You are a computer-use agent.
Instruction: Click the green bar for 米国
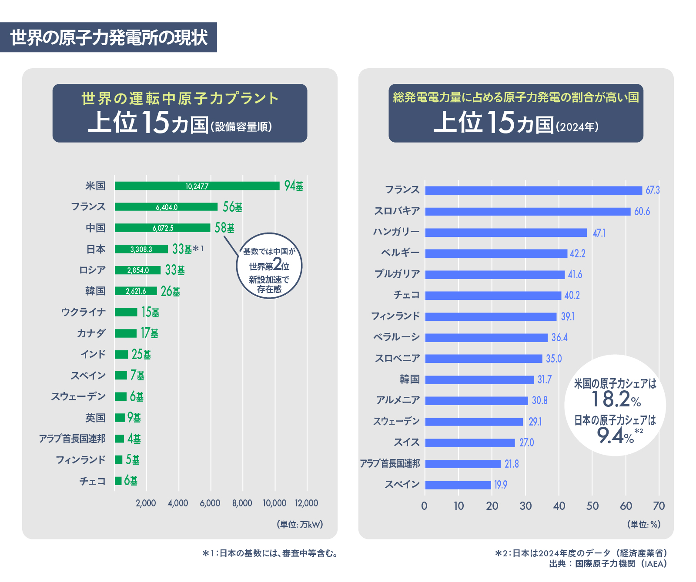point(197,186)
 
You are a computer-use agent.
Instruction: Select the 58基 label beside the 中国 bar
point(224,228)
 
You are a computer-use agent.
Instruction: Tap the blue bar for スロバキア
point(528,212)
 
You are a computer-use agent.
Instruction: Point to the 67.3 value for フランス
point(652,190)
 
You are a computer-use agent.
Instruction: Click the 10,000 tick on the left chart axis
point(274,503)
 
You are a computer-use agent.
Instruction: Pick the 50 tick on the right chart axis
point(592,506)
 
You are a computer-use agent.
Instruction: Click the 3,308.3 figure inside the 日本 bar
point(141,249)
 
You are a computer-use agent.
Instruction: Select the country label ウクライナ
point(84,312)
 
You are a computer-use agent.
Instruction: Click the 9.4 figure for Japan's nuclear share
point(610,435)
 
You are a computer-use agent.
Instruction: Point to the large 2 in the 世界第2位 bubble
point(277,264)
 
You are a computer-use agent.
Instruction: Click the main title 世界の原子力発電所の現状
point(109,38)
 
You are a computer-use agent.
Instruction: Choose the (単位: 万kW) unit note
point(300,525)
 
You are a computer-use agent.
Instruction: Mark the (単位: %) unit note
point(644,525)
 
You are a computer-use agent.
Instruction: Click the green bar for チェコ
point(118,481)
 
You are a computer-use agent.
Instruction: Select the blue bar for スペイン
point(458,485)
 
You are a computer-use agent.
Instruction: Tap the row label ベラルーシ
point(396,337)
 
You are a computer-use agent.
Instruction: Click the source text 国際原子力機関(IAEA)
point(621,564)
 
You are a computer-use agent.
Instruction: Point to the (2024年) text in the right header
point(577,127)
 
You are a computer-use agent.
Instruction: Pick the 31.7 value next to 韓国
point(544,380)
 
